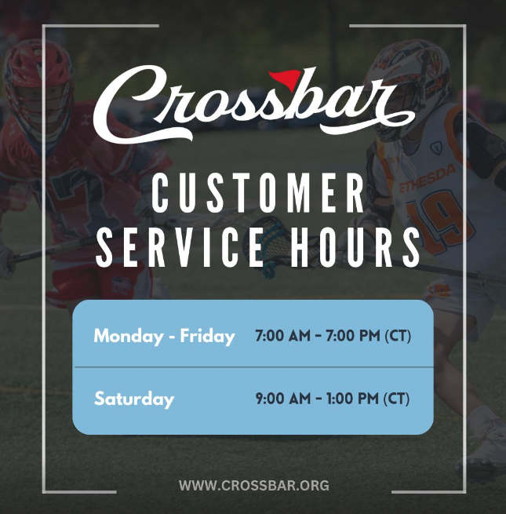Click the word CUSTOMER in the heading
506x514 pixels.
pos(258,194)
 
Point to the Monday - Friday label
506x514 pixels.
pos(164,337)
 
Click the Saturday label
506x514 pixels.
pos(133,399)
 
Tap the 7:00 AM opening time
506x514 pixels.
pos(282,336)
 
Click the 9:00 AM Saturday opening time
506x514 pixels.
pos(283,399)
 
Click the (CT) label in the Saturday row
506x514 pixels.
pos(396,399)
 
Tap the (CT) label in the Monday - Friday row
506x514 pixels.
pos(398,336)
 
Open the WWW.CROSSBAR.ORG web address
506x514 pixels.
pos(254,485)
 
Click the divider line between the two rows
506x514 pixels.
pos(253,367)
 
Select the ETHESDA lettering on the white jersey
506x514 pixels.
pos(428,179)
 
